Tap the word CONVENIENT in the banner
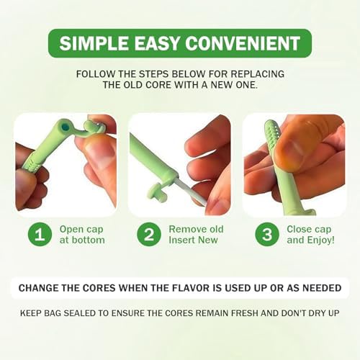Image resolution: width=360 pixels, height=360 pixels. [243, 43]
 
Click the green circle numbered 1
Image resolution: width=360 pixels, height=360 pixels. [40, 235]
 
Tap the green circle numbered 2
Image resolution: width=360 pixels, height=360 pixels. [149, 235]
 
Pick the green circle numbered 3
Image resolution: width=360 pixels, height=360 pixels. [267, 235]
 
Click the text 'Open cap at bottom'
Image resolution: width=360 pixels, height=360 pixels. [82, 235]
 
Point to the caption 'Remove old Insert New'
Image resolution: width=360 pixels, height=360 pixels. [196, 234]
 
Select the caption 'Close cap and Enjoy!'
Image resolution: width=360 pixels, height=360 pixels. [310, 234]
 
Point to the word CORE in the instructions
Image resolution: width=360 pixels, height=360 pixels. [159, 85]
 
